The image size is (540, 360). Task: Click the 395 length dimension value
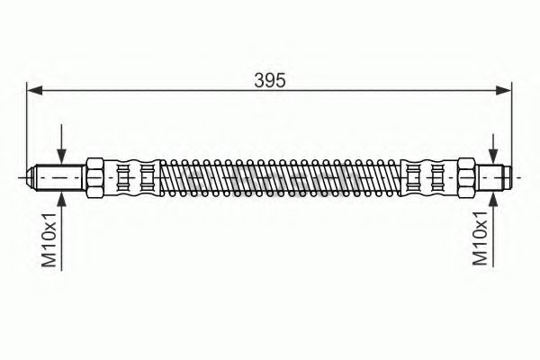(x=270, y=81)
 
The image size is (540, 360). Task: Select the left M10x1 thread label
(x=49, y=239)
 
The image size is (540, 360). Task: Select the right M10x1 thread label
(x=480, y=238)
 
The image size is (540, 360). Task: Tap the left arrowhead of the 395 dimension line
(x=34, y=91)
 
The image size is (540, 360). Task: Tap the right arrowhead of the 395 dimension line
(x=503, y=91)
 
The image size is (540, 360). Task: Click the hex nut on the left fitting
(x=94, y=178)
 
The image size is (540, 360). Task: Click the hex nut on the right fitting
(x=466, y=178)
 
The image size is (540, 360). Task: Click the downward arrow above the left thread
(x=61, y=144)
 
